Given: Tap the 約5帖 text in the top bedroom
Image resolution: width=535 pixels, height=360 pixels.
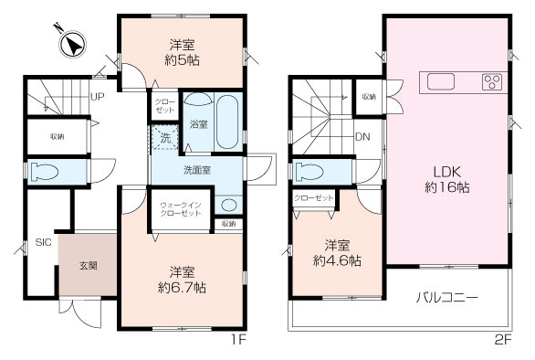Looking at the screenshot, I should pos(183,60).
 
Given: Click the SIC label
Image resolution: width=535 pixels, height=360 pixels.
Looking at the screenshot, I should pos(43,243).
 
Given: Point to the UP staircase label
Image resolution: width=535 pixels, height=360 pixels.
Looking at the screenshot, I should pos(95,94).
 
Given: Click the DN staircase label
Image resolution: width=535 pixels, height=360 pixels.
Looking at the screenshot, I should pos(362,137).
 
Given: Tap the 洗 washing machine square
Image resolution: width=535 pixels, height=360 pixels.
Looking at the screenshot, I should pos(165,138).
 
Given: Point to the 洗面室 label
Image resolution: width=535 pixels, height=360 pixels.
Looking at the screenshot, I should pos(197,170).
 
